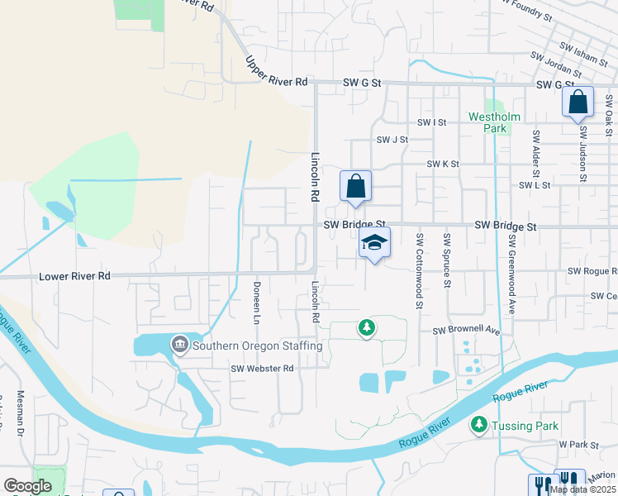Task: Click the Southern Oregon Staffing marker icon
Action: point(179,344)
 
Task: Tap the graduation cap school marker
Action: point(374,243)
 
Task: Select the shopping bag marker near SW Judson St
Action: point(578,103)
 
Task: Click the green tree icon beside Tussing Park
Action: point(478,425)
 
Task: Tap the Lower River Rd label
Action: point(74,276)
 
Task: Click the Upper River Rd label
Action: point(276,71)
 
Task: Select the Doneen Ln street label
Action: point(256,303)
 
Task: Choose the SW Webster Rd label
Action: point(263,369)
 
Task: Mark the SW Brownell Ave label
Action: point(468,331)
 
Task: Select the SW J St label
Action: point(392,140)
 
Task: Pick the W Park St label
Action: point(578,445)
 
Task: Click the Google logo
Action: point(27,486)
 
